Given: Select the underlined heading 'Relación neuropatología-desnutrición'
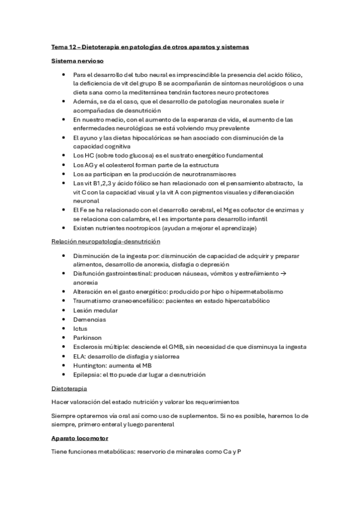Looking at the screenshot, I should pyautogui.click(x=105, y=242).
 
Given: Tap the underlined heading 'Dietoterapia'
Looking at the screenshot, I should pyautogui.click(x=69, y=390).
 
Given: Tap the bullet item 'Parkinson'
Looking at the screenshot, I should pyautogui.click(x=88, y=338).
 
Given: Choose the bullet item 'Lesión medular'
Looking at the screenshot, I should pyautogui.click(x=95, y=310).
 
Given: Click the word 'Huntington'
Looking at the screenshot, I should pyautogui.click(x=91, y=365).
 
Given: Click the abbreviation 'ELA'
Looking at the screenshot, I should pyautogui.click(x=79, y=356).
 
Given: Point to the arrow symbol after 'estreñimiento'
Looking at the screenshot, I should pyautogui.click(x=281, y=274).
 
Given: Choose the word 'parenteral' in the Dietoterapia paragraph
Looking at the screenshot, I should pyautogui.click(x=157, y=424).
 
